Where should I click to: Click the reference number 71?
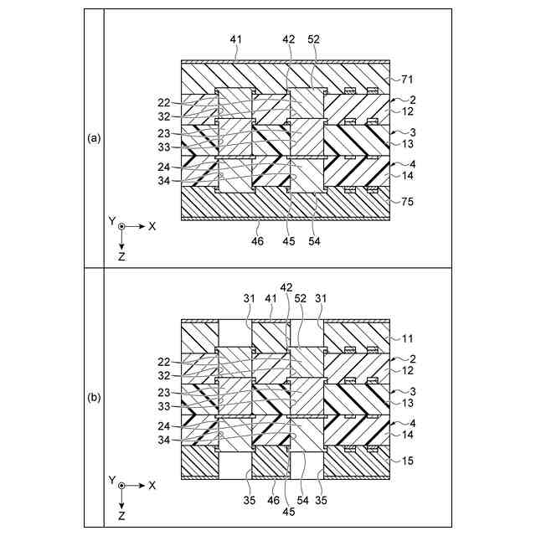(408, 79)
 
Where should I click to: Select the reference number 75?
(408, 201)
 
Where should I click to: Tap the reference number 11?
(408, 338)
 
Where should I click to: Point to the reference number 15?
(408, 461)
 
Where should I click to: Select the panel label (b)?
(95, 398)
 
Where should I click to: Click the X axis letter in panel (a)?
(152, 226)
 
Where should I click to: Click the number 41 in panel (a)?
(236, 39)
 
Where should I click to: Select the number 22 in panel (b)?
(164, 361)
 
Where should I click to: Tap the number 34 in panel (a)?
(164, 179)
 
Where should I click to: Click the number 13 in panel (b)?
(408, 404)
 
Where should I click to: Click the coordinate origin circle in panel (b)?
(122, 486)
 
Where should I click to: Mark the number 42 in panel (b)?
(286, 287)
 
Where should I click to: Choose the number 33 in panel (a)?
(164, 147)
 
